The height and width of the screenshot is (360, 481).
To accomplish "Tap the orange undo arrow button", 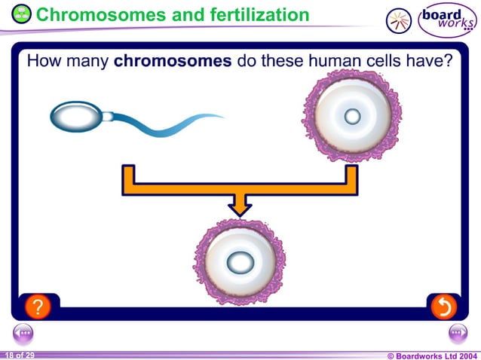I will pyautogui.click(x=443, y=306).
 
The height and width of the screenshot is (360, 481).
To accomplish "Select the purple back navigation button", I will pyautogui.click(x=23, y=333).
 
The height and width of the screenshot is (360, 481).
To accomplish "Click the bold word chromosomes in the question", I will pyautogui.click(x=172, y=61).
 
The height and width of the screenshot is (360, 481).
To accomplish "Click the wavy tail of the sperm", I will pyautogui.click(x=173, y=125).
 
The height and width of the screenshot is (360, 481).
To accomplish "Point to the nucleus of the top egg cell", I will pyautogui.click(x=352, y=116).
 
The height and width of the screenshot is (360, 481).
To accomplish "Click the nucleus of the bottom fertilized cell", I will pyautogui.click(x=240, y=263).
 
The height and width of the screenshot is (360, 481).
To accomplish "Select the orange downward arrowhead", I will pyautogui.click(x=240, y=204).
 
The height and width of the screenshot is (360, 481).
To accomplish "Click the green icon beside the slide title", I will pyautogui.click(x=23, y=14).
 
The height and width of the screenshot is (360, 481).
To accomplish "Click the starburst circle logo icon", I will pyautogui.click(x=399, y=21).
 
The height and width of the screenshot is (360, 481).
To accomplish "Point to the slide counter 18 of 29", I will pyautogui.click(x=19, y=354).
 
